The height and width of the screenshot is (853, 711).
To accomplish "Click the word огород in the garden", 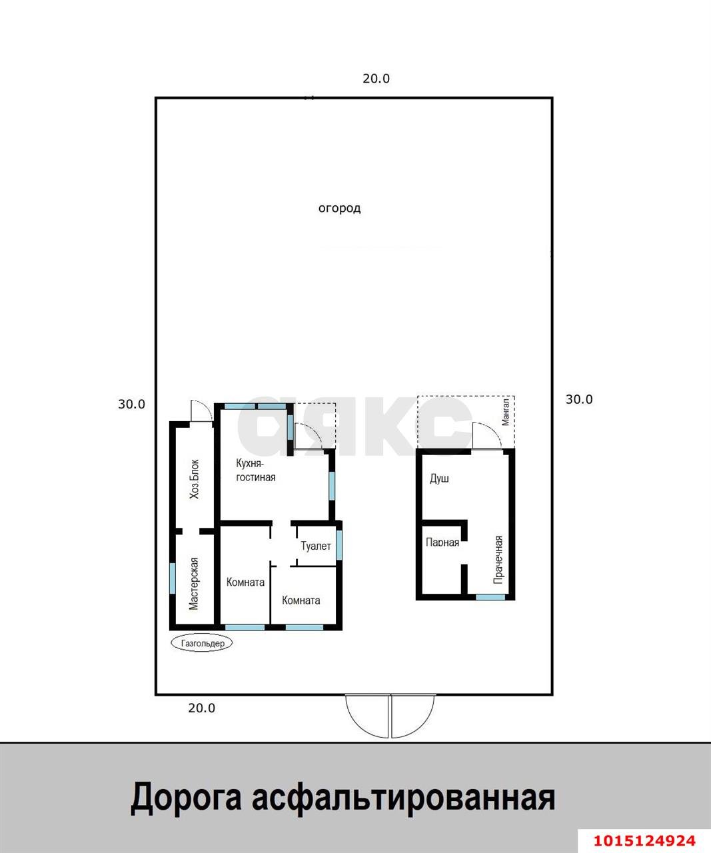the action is tap(339, 209).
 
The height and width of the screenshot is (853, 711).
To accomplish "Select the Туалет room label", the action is tap(315, 546).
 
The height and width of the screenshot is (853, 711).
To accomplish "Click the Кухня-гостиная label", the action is tap(255, 470).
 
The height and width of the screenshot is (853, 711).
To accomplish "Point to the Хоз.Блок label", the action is tap(195, 479).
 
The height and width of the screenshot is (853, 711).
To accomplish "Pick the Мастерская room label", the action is tap(194, 584).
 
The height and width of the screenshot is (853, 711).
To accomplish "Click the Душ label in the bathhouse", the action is tap(439, 478).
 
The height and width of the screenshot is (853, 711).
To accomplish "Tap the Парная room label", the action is tap(442, 542).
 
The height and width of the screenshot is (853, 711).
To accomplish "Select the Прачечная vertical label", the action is tap(498, 560).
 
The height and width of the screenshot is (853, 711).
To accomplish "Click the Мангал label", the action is tap(506, 411).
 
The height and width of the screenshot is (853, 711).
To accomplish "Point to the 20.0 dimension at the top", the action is tap(376, 79).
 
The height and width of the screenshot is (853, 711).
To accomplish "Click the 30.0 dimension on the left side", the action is tap(131, 404).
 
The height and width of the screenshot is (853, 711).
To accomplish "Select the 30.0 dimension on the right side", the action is tap(578, 399).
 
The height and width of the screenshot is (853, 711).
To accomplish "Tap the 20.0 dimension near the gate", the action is tap(201, 708).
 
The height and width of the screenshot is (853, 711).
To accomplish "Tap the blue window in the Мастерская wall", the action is tap(173, 578).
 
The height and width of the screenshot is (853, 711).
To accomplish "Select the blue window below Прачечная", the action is tap(490, 597).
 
